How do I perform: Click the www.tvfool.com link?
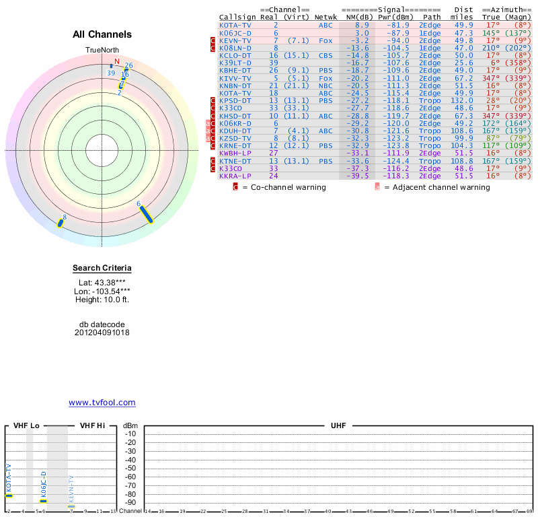click(102, 403)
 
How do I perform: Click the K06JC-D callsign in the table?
click(235, 33)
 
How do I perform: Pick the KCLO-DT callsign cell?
click(235, 56)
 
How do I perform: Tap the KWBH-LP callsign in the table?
click(235, 153)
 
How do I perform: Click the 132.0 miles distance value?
click(462, 100)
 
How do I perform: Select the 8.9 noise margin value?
click(362, 25)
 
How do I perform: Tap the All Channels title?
click(102, 34)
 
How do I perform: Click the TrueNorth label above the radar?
click(102, 50)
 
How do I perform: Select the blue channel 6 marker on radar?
click(146, 213)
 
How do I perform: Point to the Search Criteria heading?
click(102, 268)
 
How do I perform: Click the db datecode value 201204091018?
click(102, 333)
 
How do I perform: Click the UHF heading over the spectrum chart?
click(338, 426)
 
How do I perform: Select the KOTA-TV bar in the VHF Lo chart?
click(9, 495)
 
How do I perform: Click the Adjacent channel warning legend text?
click(436, 187)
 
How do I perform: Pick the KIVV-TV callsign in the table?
click(235, 78)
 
